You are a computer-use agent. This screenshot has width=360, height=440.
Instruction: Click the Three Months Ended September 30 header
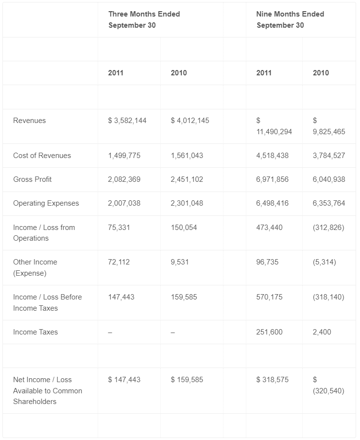click(x=144, y=19)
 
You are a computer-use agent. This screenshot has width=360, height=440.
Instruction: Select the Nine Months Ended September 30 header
click(x=290, y=19)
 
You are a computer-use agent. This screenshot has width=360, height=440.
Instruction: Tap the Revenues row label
click(x=30, y=121)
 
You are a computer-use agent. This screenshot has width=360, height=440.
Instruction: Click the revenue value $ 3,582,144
click(x=127, y=121)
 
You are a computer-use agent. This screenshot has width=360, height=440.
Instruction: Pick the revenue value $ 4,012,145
click(x=190, y=121)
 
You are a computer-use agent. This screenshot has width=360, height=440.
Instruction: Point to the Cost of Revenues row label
click(x=42, y=156)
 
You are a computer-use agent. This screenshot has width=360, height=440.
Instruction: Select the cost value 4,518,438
click(x=272, y=156)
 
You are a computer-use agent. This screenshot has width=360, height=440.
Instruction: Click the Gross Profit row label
click(x=32, y=179)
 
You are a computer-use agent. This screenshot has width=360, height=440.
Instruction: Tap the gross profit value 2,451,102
click(x=187, y=179)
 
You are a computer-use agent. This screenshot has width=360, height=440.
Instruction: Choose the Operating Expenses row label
click(x=46, y=203)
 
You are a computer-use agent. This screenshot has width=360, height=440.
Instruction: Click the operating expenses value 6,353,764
click(x=329, y=203)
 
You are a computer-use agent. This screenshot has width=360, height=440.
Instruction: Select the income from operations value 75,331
click(x=119, y=228)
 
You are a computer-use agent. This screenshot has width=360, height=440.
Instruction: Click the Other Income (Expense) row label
click(x=35, y=268)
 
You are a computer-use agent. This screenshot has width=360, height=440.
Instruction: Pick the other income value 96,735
click(x=267, y=263)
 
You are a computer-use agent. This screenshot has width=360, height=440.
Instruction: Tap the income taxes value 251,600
click(x=269, y=332)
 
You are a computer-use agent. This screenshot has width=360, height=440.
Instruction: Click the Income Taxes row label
click(x=35, y=332)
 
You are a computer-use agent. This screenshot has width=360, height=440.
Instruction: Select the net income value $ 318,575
click(x=272, y=380)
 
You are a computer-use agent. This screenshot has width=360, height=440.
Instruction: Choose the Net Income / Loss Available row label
click(x=48, y=390)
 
